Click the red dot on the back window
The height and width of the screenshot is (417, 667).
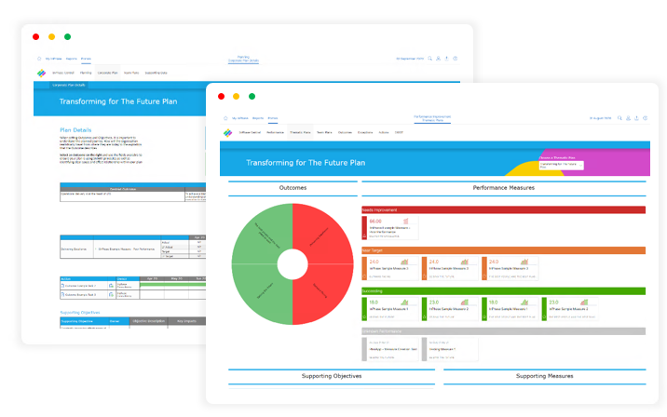(x=35, y=36)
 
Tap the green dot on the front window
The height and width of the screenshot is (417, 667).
(x=252, y=96)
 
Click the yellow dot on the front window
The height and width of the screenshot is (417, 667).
(x=237, y=96)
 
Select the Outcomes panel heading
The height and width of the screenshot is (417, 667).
(x=292, y=188)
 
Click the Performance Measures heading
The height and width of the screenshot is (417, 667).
(x=503, y=188)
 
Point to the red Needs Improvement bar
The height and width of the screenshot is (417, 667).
(x=503, y=210)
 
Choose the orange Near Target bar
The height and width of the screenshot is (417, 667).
(x=503, y=250)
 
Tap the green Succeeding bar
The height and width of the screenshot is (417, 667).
(x=503, y=290)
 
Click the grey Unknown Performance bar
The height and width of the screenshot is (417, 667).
(x=503, y=330)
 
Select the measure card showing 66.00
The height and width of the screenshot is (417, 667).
(x=389, y=227)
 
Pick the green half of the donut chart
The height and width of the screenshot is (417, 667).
(x=262, y=264)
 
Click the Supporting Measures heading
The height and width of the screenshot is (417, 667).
(x=544, y=376)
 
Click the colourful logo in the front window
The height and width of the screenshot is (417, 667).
(x=229, y=133)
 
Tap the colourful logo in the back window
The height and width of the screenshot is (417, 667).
(x=41, y=72)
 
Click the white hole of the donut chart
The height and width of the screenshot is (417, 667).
(x=292, y=264)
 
